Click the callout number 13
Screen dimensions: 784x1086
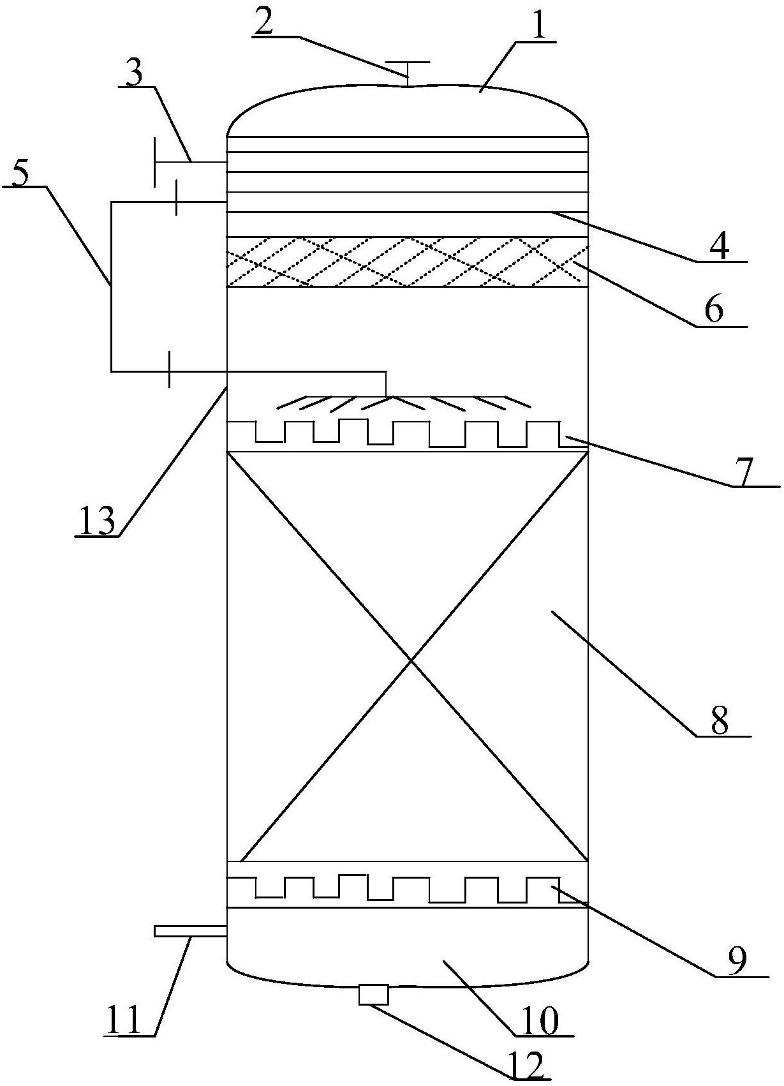click(96, 521)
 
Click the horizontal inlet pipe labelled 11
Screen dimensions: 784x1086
click(190, 918)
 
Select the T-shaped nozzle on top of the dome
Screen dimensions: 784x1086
click(407, 73)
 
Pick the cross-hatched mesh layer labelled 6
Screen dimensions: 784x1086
click(408, 262)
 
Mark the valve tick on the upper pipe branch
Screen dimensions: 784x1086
click(175, 198)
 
